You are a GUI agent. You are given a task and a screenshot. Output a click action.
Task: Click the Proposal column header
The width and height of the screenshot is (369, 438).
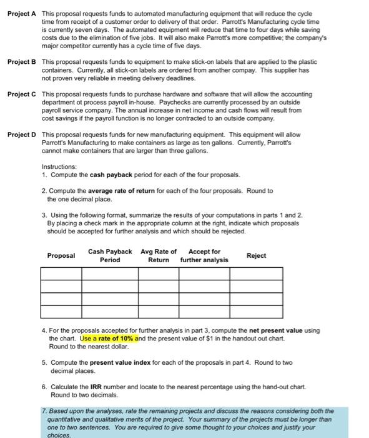tap(61, 256)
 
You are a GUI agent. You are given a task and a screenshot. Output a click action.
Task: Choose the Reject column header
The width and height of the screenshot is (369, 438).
tap(256, 255)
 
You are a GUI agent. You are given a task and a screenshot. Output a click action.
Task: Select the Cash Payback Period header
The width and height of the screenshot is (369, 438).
tap(110, 256)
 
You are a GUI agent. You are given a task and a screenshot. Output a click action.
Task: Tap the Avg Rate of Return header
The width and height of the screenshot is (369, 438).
tap(158, 256)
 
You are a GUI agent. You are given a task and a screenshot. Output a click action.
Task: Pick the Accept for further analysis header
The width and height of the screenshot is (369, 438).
tap(204, 256)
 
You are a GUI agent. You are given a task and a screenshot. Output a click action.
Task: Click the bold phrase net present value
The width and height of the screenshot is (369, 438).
tap(279, 330)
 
